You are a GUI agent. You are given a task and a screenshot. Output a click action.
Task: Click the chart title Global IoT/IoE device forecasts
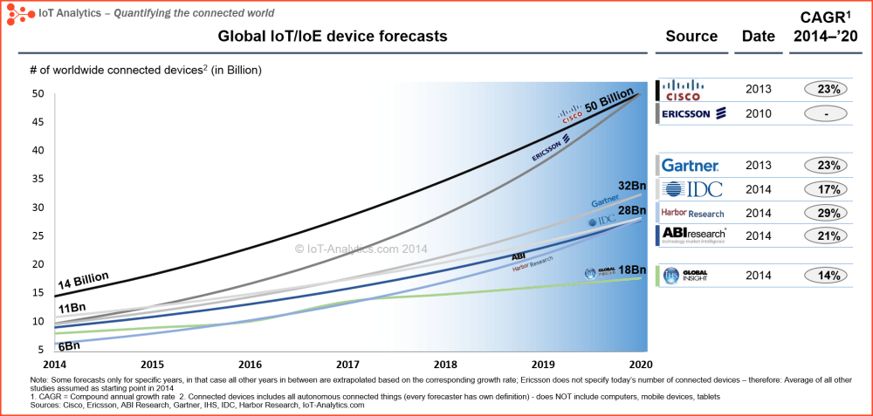tap(332, 37)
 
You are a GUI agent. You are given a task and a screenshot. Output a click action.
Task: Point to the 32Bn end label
tap(630, 186)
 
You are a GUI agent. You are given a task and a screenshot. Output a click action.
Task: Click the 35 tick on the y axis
tap(38, 179)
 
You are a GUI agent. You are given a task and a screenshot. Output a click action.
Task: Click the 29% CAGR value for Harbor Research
tap(822, 213)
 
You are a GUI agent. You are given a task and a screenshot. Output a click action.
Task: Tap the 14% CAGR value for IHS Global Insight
tap(822, 276)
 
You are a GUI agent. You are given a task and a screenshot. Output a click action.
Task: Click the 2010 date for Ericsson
tap(759, 113)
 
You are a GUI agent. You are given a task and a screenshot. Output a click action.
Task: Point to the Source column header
tap(691, 37)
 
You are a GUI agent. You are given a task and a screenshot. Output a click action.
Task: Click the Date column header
tap(759, 37)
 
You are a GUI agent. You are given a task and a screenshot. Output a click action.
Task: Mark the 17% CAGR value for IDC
tap(822, 189)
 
